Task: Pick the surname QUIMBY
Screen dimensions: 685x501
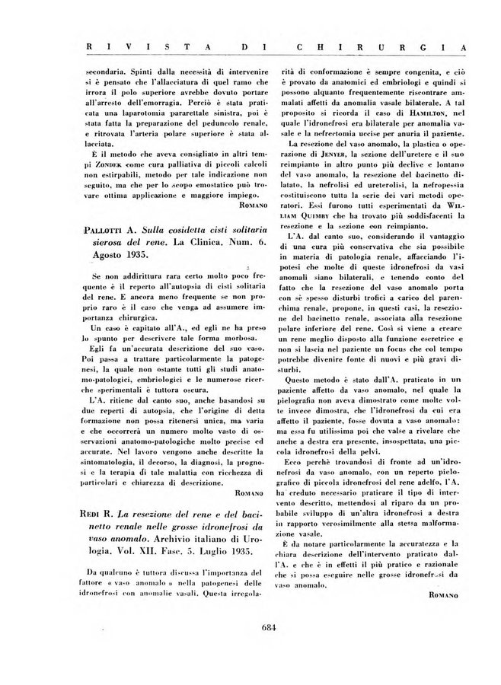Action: coord(303,215)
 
